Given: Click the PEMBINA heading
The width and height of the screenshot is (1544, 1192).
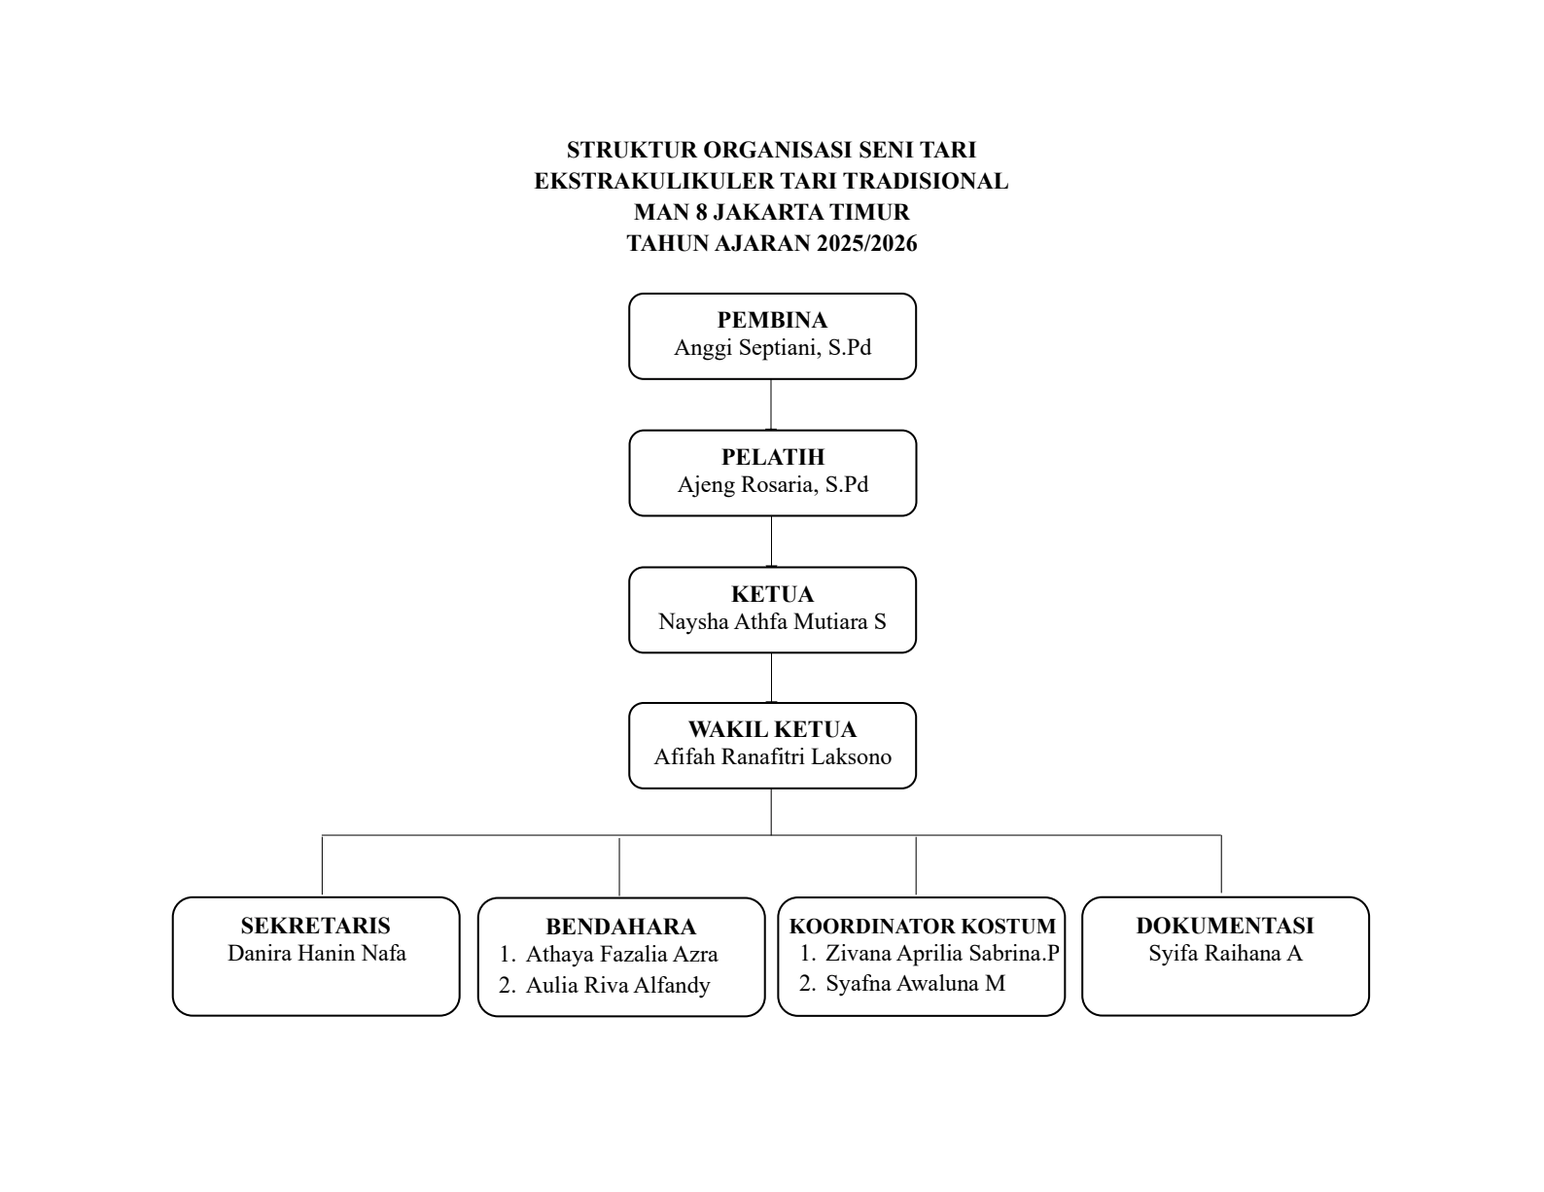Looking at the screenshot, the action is tap(772, 320).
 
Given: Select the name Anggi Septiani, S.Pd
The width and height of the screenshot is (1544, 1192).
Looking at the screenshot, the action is tap(772, 347).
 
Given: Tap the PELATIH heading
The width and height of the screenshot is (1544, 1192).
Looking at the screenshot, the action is tap(773, 456).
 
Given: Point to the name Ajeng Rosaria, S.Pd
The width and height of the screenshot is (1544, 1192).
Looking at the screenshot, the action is tap(773, 484).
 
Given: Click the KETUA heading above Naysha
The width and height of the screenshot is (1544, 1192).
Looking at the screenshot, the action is tap(772, 593).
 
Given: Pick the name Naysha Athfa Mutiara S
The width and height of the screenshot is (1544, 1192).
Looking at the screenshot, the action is tap(772, 621).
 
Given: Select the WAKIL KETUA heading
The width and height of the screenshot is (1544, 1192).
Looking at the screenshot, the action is tap(772, 729).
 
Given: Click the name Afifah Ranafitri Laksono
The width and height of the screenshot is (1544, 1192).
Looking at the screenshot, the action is tap(772, 756).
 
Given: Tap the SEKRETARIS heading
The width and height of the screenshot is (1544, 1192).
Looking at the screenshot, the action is tap(315, 925).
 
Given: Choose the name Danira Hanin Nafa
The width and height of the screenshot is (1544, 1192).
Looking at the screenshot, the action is tap(316, 953).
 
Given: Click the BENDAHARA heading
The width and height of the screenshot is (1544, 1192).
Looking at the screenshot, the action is tap(621, 927).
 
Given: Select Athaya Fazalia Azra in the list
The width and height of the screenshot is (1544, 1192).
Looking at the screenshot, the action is tap(621, 954).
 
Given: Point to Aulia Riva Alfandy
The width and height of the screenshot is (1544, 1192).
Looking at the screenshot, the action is tap(617, 985).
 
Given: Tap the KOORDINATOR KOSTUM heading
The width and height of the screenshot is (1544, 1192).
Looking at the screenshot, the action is tap(923, 926).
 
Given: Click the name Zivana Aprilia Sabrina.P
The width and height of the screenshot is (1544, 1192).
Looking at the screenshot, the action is tap(942, 953).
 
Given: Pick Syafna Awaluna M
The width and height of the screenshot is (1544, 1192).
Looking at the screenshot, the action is tap(915, 983).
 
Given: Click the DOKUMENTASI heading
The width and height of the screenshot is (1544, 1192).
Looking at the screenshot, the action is tap(1225, 925).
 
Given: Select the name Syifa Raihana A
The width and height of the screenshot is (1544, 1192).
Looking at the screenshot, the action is tap(1225, 953).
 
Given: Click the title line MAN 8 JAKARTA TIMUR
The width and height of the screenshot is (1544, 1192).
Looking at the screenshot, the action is tap(772, 212).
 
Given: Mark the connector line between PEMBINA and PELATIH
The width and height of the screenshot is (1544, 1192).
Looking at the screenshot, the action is tap(771, 404).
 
